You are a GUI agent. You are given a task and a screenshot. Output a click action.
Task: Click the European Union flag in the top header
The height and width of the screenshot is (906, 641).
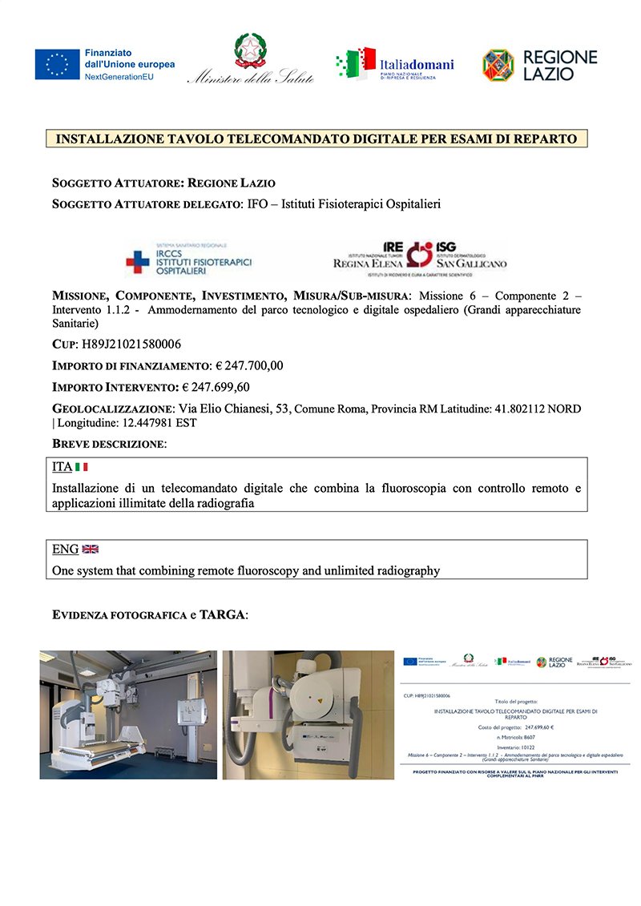57,64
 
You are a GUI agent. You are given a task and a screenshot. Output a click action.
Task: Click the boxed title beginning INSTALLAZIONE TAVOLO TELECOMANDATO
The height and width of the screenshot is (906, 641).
316,139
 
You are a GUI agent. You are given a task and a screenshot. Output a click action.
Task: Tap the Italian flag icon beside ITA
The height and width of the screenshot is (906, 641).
81,467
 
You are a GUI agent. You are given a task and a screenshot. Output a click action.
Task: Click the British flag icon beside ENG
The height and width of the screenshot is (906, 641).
90,550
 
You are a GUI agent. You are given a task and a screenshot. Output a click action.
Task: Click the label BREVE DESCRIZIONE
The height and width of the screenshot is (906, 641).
109,443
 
